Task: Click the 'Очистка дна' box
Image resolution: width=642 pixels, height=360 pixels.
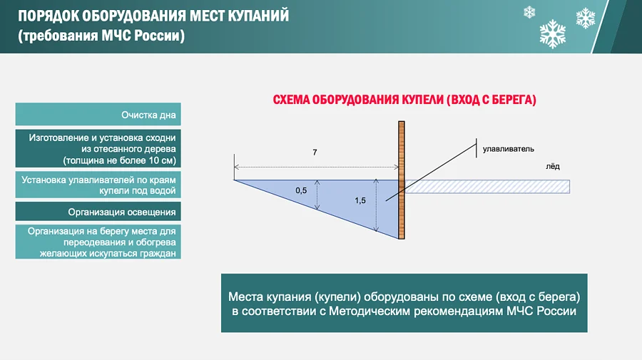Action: coord(98,114)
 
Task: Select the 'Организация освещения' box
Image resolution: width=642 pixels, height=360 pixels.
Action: coord(98,212)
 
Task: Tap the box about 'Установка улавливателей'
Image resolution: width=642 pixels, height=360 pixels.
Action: coord(98,185)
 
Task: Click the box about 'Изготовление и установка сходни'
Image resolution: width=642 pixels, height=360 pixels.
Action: coord(98,148)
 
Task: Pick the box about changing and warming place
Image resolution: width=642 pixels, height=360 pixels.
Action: coord(98,242)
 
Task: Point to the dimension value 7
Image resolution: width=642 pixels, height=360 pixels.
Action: coord(315,153)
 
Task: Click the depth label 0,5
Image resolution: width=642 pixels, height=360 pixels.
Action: coord(301,190)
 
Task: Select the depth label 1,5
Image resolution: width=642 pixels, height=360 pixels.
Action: coord(360,200)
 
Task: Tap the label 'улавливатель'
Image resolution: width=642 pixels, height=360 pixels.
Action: coord(508,149)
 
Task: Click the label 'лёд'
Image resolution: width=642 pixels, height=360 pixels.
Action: coord(552,167)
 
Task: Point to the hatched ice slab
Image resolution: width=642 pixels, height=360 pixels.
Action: coord(487,187)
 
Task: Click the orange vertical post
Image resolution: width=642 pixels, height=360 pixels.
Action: coord(402,180)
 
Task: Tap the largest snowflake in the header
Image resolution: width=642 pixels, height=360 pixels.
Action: coord(553,34)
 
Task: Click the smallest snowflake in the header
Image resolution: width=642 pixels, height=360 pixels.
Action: coord(529,12)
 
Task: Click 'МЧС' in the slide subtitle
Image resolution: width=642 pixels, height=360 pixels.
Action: coord(116,36)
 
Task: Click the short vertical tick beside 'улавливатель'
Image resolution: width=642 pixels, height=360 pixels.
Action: coord(477,148)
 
